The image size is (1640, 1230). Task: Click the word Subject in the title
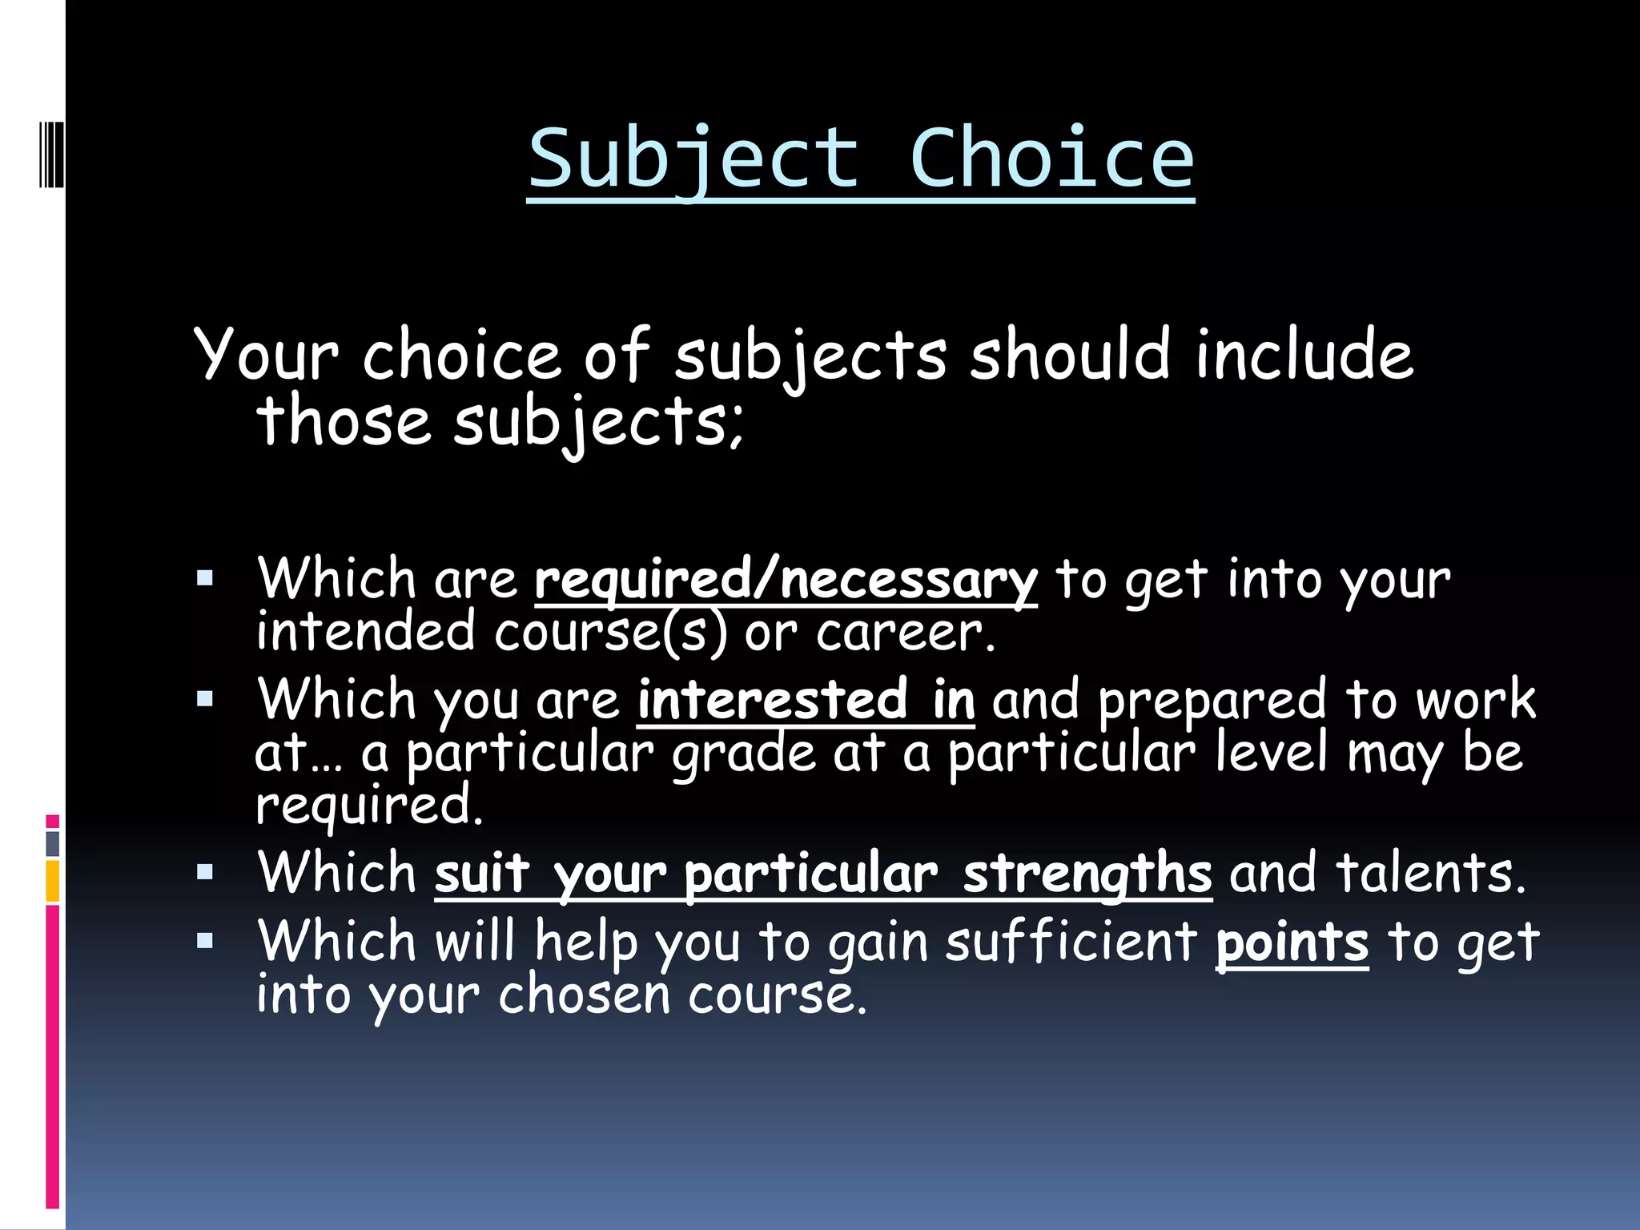tap(693, 159)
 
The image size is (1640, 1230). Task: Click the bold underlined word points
tap(1292, 943)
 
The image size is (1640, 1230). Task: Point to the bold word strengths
tap(1087, 873)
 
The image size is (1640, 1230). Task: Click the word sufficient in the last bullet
tap(1071, 942)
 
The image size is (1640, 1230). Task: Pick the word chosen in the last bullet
tap(584, 995)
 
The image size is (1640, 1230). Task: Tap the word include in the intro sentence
tap(1304, 355)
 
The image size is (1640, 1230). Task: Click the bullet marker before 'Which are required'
tap(205, 578)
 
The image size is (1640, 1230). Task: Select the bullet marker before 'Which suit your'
tap(205, 872)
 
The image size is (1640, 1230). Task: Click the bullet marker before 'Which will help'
tap(205, 941)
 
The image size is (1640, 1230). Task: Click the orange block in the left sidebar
tap(53, 881)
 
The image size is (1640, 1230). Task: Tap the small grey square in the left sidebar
tap(53, 843)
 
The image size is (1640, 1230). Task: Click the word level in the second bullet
tap(1271, 753)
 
